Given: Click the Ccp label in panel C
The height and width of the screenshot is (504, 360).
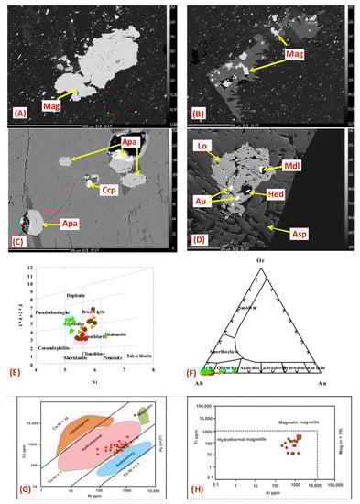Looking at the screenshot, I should coord(96,193).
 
